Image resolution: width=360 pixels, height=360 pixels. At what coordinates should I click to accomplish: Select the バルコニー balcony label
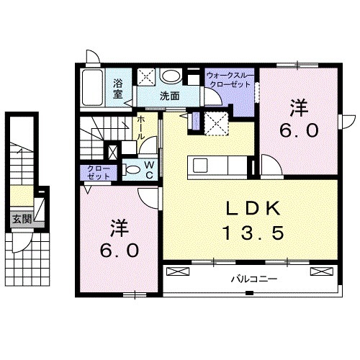tap(249, 277)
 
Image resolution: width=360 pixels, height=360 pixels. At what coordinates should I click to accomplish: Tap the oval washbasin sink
tap(171, 76)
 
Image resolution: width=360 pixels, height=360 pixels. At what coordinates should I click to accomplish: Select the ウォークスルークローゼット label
tap(228, 79)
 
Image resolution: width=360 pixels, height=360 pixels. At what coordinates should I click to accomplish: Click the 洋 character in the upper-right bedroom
tap(299, 108)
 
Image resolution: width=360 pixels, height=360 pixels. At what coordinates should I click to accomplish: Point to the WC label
tap(149, 170)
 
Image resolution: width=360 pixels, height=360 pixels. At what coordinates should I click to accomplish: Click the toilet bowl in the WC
tap(132, 170)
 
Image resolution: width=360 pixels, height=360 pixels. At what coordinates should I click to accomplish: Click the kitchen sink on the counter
tap(200, 165)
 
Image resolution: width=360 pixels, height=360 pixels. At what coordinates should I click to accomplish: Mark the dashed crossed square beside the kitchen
tap(215, 123)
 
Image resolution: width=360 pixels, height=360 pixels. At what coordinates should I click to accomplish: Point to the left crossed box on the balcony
tap(177, 271)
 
